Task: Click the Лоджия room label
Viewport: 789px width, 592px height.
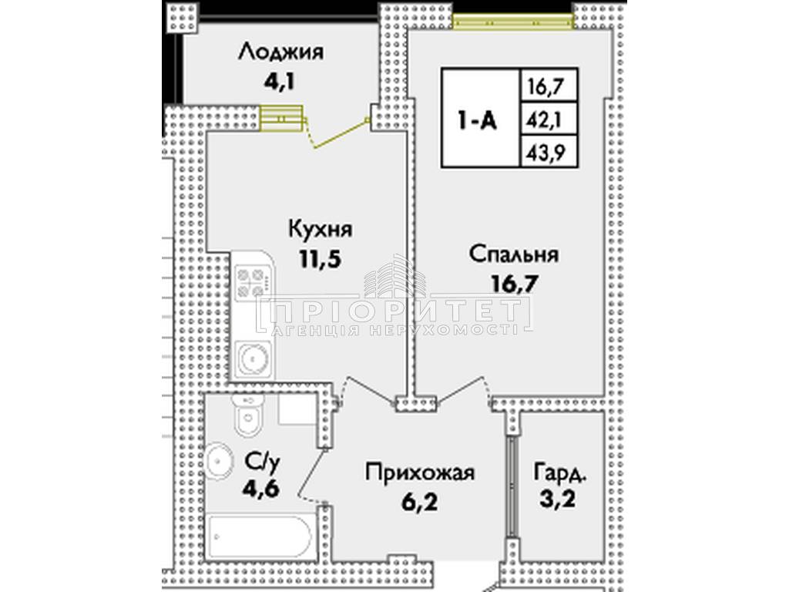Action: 280,52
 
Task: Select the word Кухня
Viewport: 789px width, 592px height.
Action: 321,229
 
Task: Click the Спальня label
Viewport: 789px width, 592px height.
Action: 514,254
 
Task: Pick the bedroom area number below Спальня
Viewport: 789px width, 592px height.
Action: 514,284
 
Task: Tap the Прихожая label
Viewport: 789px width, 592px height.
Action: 420,473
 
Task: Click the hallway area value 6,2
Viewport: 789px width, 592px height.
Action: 420,502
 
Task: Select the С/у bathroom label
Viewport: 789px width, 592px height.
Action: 261,459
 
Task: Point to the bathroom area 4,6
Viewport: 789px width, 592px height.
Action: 260,487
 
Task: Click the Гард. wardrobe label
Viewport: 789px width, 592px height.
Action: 561,473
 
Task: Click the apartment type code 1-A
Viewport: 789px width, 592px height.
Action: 477,121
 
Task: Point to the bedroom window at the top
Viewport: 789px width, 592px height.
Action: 512,21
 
